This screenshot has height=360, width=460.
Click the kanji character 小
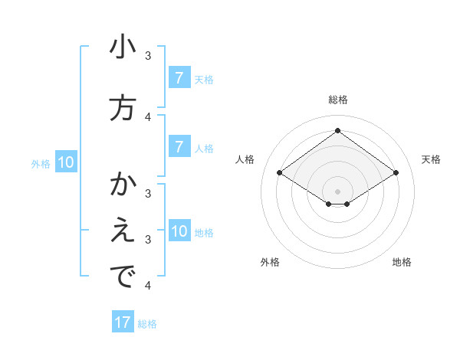[123, 47]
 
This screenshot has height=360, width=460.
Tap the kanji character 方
[123, 108]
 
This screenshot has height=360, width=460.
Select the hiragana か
[123, 185]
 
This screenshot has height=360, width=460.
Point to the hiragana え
[123, 231]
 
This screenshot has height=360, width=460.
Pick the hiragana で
[123, 277]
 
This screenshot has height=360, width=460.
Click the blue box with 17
[123, 322]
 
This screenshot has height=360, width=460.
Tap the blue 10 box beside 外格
[66, 162]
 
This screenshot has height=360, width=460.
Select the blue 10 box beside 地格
[179, 232]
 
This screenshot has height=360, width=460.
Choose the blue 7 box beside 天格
[179, 78]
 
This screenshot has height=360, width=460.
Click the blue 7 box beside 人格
[179, 148]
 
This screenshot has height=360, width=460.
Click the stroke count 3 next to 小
[148, 56]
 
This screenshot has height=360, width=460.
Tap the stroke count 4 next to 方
[148, 116]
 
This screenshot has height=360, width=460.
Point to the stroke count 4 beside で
[148, 286]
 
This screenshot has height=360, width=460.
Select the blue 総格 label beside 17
[147, 324]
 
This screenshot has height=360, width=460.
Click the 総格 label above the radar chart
[338, 100]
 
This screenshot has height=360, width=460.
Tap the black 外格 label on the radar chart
[270, 262]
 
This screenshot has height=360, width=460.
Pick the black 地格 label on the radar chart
[402, 262]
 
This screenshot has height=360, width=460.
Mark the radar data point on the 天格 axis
[396, 173]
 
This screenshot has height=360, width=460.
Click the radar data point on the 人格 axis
[280, 173]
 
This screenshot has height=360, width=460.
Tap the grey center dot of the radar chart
[338, 191]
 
